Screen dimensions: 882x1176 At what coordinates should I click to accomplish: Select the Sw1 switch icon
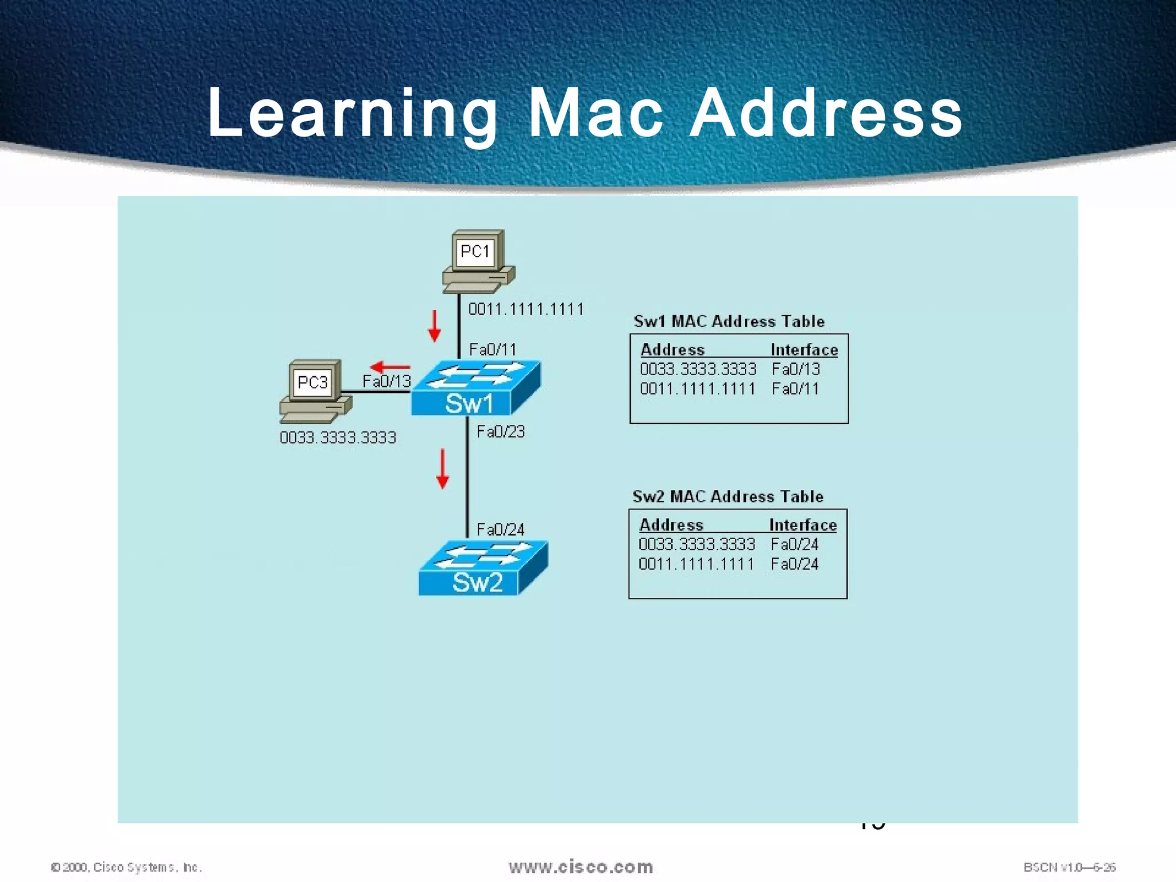pos(475,388)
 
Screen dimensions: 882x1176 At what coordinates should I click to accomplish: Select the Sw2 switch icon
pos(483,568)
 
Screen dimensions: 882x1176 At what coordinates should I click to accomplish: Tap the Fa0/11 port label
pos(493,349)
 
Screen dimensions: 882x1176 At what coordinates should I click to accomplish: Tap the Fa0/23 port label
pos(501,432)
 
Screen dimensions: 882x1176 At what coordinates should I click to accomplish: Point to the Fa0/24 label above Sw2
pos(501,529)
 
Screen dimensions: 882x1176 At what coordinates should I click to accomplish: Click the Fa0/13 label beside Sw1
pos(386,381)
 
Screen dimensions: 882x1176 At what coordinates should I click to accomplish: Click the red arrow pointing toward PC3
pos(390,367)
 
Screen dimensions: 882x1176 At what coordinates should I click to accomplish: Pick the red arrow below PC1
pos(435,326)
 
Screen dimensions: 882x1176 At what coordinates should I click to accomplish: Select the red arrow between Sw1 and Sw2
pos(442,469)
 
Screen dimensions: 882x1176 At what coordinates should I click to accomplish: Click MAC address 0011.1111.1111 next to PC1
pos(526,310)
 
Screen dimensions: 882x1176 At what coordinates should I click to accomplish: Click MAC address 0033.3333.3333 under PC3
pos(338,438)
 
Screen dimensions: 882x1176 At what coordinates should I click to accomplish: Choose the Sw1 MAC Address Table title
pos(729,321)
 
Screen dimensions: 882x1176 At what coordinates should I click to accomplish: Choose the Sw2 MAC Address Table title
pos(728,496)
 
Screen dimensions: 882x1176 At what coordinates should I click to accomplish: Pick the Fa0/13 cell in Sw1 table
pos(796,369)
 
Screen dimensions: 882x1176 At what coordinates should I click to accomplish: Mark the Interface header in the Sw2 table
pos(803,525)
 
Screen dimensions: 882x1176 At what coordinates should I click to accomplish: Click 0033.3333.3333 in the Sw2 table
pos(697,544)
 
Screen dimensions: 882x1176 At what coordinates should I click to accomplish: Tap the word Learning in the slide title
pos(352,113)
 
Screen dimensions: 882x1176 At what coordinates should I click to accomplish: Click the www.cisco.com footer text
pos(581,866)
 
